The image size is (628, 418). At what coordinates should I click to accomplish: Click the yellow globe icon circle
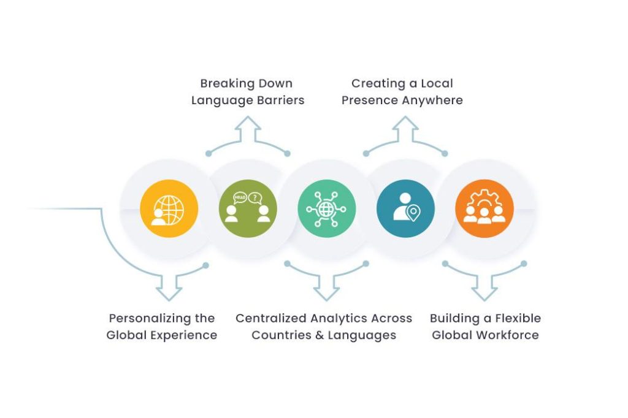pyautogui.click(x=169, y=208)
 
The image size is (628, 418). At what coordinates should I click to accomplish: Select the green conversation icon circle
pyautogui.click(x=248, y=208)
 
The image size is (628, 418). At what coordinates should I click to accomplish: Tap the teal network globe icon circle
pyautogui.click(x=326, y=208)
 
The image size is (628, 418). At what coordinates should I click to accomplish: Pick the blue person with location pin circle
pyautogui.click(x=405, y=208)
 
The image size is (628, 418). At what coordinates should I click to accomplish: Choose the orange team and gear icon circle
pyautogui.click(x=484, y=208)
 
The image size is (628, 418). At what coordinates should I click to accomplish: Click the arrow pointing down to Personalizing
pyautogui.click(x=168, y=286)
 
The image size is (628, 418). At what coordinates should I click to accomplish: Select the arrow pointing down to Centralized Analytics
pyautogui.click(x=326, y=286)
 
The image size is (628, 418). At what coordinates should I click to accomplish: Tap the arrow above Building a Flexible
pyautogui.click(x=484, y=286)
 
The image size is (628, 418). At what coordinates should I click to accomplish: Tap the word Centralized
pyautogui.click(x=271, y=319)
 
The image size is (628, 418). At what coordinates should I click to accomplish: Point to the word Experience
pyautogui.click(x=185, y=335)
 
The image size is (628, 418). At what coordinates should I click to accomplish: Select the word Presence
pyautogui.click(x=366, y=100)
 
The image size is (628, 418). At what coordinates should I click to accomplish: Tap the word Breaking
pyautogui.click(x=225, y=83)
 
